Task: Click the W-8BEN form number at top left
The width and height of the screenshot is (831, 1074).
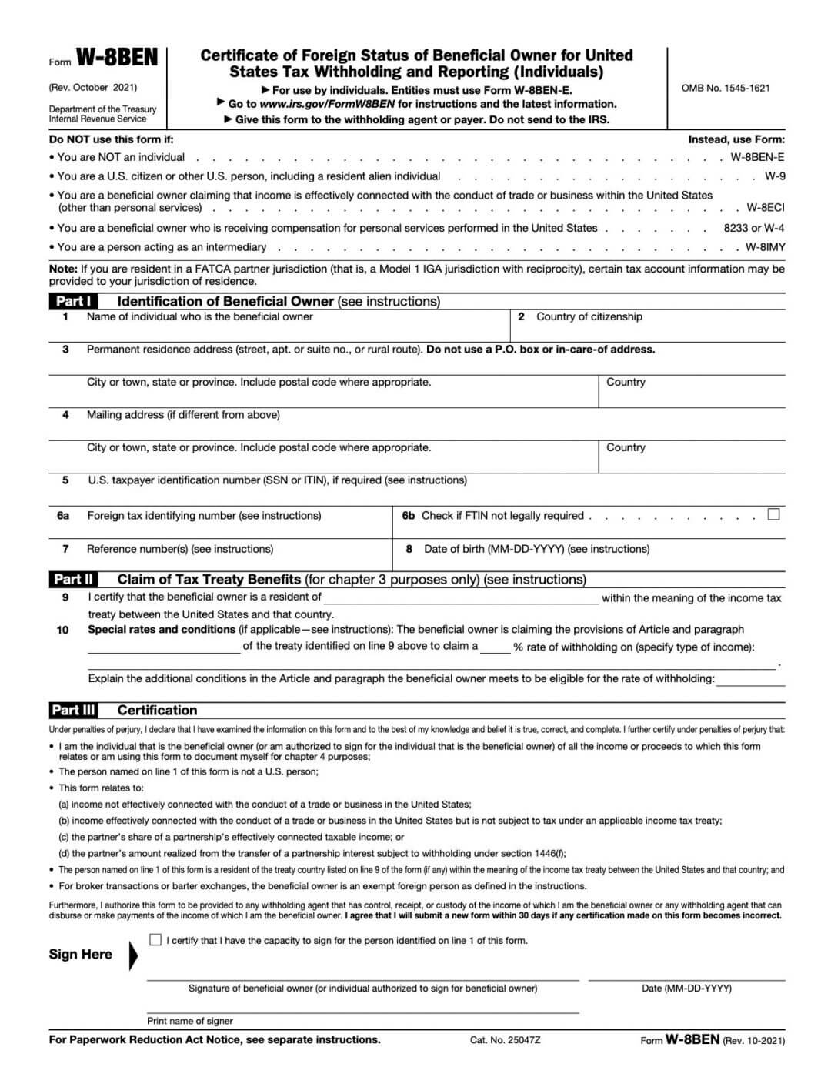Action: (x=117, y=59)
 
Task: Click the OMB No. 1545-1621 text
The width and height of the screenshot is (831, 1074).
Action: (x=725, y=88)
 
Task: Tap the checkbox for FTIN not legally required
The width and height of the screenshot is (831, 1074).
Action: (x=773, y=514)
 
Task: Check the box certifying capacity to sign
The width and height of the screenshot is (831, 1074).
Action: (x=155, y=940)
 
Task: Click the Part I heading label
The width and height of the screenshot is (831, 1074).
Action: (x=74, y=301)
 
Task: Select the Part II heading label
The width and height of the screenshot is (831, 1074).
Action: (x=74, y=579)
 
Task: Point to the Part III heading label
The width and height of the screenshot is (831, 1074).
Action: (x=74, y=710)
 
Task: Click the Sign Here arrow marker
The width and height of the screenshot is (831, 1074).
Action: (x=134, y=955)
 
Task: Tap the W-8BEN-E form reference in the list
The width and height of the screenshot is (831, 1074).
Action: (x=757, y=157)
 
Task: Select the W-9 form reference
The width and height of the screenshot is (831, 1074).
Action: (x=775, y=176)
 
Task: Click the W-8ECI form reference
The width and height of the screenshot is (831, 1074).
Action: (x=766, y=208)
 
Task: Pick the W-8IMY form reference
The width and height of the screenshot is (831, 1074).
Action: (x=765, y=247)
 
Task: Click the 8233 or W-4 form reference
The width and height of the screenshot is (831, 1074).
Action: (x=754, y=228)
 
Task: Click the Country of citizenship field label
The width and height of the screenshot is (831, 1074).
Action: (x=589, y=316)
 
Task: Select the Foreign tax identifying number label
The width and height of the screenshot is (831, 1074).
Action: (x=204, y=516)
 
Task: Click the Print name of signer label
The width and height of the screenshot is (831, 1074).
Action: (x=190, y=1021)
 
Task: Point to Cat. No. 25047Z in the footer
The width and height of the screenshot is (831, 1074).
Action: (x=505, y=1040)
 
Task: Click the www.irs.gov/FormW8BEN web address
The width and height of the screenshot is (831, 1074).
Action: (x=327, y=104)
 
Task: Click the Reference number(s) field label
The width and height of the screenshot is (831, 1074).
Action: (x=180, y=549)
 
